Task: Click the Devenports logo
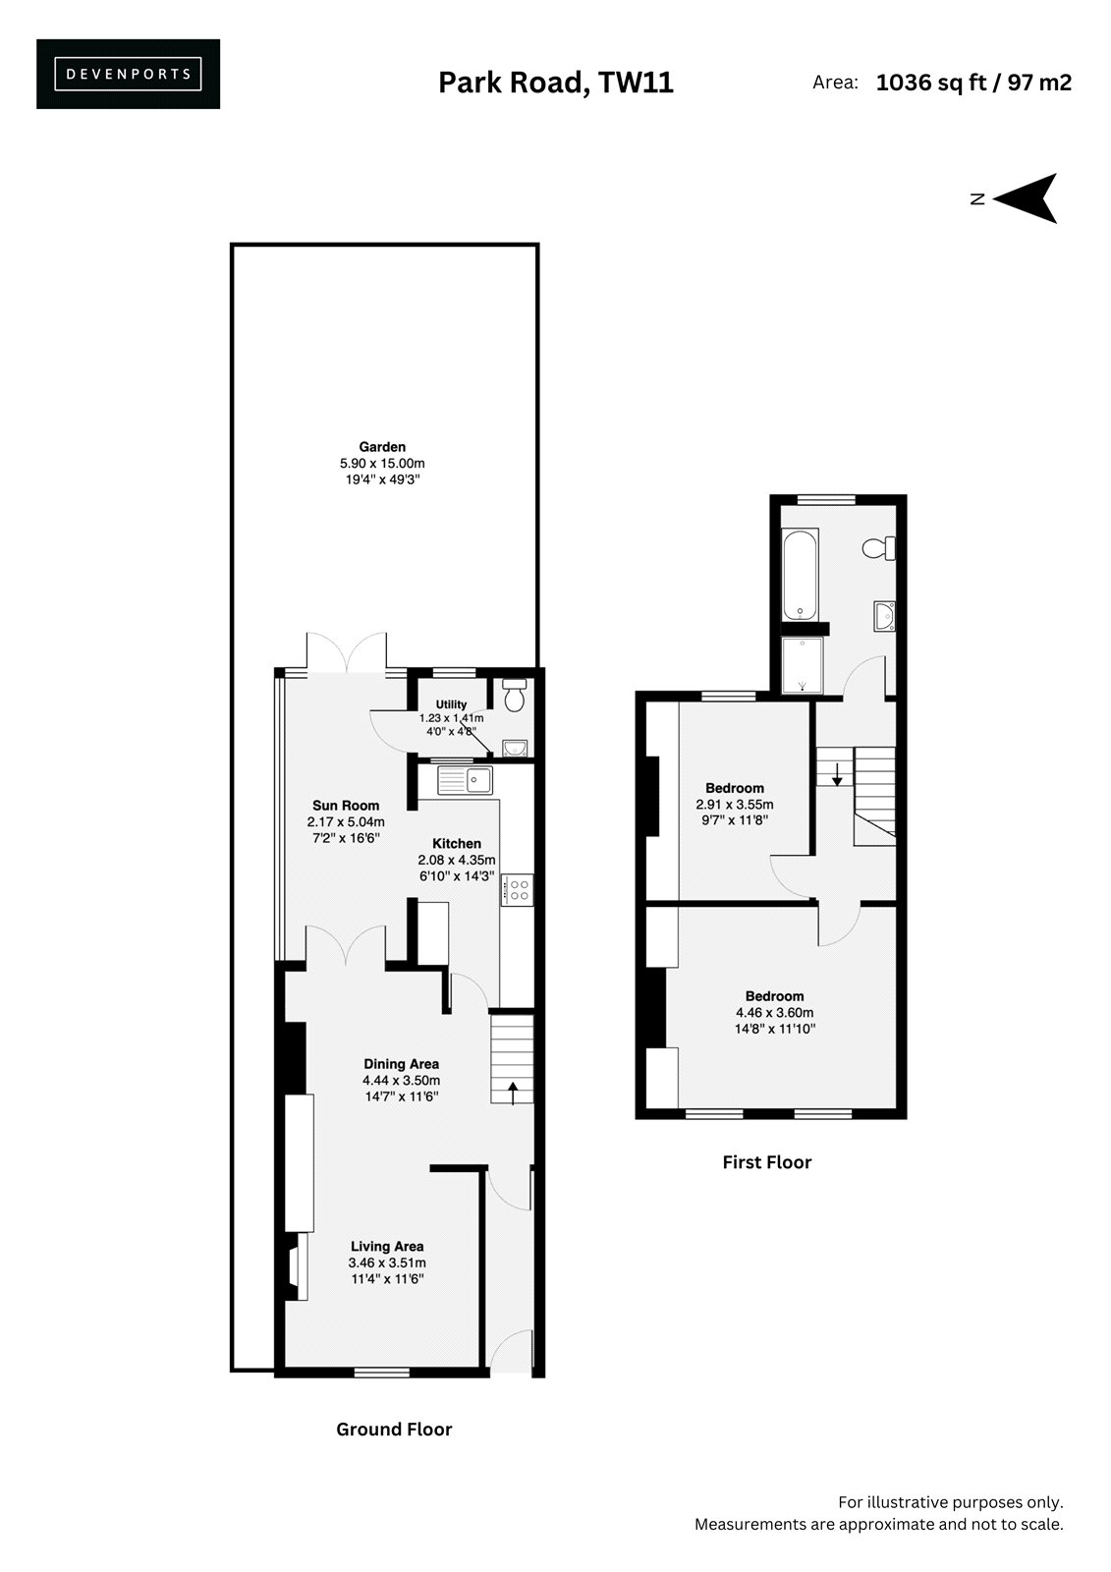click(128, 74)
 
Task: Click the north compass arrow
click(1026, 197)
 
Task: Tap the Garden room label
click(382, 446)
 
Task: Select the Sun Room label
click(346, 805)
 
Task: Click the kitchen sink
click(465, 780)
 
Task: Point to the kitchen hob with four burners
click(518, 889)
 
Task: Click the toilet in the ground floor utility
click(515, 695)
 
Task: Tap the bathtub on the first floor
click(800, 574)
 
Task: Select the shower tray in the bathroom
click(802, 664)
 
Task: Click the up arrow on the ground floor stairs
click(513, 1093)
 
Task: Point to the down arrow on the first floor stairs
click(837, 773)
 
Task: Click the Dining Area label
click(401, 1064)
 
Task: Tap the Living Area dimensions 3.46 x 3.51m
click(387, 1263)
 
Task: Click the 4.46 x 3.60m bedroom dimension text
click(774, 1012)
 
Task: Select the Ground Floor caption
click(394, 1429)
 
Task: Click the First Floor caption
click(766, 1161)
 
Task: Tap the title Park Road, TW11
click(556, 83)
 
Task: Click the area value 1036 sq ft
click(931, 83)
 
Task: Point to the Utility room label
click(451, 703)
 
